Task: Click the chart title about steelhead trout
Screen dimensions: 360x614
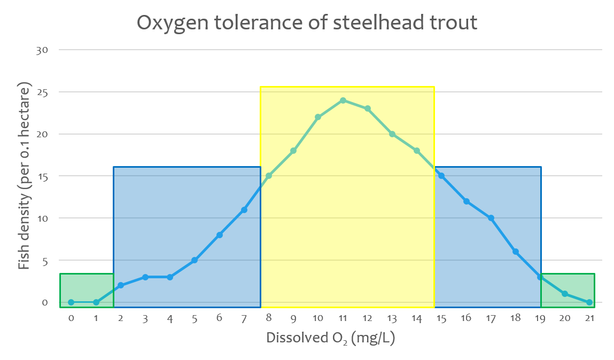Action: coord(307,22)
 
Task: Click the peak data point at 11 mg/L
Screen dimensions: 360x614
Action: coord(343,100)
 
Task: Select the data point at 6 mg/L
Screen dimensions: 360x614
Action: coord(219,235)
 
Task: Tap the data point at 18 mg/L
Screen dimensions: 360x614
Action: coord(516,252)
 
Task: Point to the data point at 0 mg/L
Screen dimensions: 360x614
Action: coord(71,302)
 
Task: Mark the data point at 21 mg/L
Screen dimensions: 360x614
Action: coord(589,302)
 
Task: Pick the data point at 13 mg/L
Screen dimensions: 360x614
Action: coord(392,134)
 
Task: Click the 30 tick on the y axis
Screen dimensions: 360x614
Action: coord(42,50)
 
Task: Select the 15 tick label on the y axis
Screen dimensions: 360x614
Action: coord(42,176)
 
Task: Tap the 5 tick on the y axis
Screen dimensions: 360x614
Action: coord(44,261)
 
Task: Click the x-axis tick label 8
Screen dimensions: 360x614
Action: coord(268,318)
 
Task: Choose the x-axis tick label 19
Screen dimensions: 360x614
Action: coord(540,318)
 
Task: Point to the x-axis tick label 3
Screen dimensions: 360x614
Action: coord(145,318)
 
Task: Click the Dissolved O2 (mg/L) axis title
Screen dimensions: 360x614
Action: coord(330,338)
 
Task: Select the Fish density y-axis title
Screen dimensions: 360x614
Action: coord(24,176)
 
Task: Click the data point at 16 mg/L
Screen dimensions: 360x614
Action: coord(466,201)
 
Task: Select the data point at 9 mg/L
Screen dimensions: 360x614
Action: coord(293,151)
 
